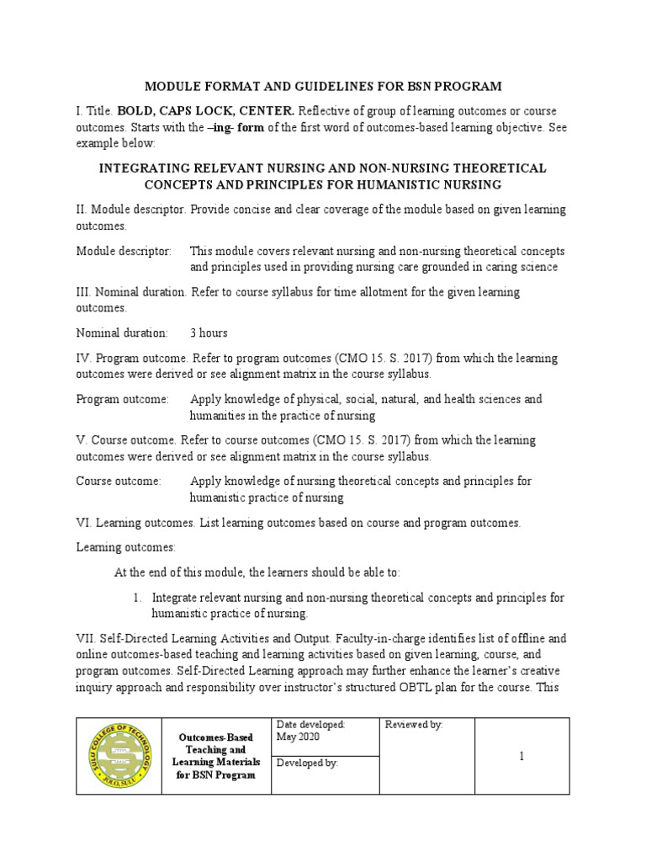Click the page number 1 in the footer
point(522,757)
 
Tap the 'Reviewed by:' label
point(414,725)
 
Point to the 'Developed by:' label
point(307,763)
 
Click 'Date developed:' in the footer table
point(310,725)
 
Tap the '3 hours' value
point(209,333)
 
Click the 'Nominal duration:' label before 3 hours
point(122,333)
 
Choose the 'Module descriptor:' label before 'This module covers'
point(124,251)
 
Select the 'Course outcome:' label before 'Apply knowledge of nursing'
point(119,482)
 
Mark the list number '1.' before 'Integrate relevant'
point(139,597)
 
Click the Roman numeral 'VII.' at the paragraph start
point(87,638)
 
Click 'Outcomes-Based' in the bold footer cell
point(214,737)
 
